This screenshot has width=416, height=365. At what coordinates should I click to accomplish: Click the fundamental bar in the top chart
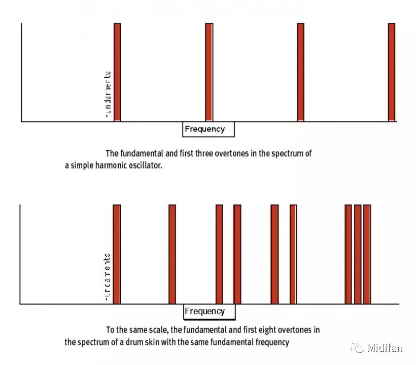(117, 72)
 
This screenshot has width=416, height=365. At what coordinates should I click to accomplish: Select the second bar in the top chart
(209, 72)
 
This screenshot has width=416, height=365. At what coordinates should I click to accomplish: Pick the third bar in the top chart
(300, 72)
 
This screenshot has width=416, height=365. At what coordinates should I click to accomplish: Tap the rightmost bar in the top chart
(392, 72)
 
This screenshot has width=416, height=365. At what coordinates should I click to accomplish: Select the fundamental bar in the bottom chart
(117, 254)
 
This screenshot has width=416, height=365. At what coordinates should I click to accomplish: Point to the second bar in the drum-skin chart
(172, 254)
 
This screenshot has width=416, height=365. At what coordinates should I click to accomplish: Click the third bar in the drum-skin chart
(219, 254)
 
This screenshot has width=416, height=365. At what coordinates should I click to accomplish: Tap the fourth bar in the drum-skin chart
(237, 254)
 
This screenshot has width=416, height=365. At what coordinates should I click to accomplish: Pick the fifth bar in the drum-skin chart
(274, 254)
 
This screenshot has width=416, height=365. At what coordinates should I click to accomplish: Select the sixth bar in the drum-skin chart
(293, 254)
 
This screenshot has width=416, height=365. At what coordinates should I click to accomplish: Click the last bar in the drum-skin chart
(367, 254)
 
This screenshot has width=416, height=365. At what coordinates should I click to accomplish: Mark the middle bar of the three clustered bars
(358, 254)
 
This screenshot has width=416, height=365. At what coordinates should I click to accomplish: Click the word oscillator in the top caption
(145, 166)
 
